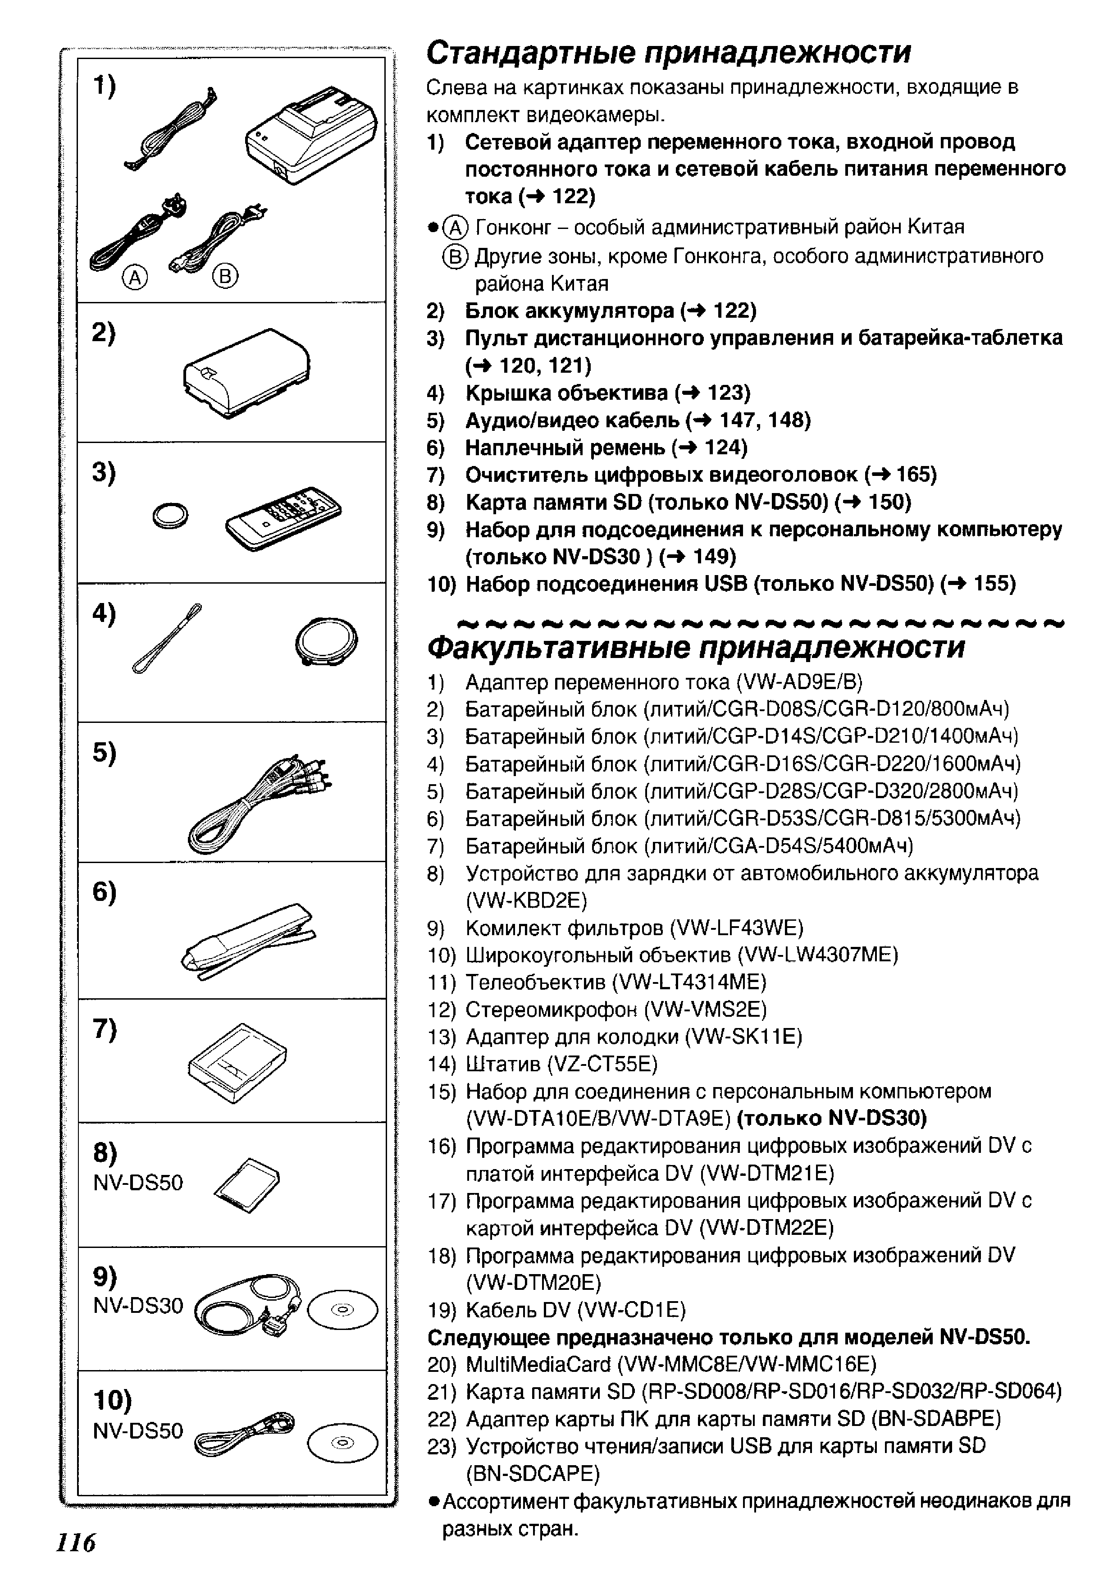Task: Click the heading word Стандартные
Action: point(531,52)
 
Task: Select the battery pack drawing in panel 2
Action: point(246,373)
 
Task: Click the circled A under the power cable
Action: point(135,278)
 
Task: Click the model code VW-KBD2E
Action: point(526,900)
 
